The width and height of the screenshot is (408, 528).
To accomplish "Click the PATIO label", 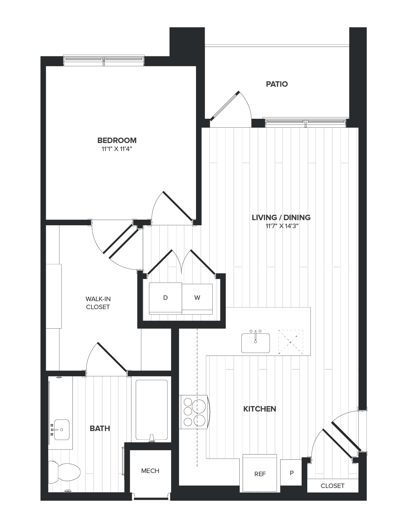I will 277,84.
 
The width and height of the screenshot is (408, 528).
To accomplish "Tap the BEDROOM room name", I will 117,140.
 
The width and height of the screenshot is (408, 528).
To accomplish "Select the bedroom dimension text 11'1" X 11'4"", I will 117,149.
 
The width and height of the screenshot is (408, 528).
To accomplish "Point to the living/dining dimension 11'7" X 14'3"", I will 281,226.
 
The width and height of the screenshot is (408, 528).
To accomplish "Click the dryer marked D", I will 165,298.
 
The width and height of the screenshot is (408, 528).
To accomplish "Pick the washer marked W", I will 197,298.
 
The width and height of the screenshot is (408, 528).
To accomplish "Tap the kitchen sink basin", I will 255,343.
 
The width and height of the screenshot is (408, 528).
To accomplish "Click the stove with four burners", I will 194,412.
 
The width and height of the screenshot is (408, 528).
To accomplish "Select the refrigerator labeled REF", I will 260,474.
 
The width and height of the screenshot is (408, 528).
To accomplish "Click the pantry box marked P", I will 291,473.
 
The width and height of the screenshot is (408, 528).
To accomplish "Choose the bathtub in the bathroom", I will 152,410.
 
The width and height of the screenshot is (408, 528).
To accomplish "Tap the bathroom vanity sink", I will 61,430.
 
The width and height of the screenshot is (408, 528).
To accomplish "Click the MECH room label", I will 150,471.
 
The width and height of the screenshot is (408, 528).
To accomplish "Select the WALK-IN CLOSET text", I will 98,303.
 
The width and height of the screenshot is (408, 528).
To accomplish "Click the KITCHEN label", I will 260,409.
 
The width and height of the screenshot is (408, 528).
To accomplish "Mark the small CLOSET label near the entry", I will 333,486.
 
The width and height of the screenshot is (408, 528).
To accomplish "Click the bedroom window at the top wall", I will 104,60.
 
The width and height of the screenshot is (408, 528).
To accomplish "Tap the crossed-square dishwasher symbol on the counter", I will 290,342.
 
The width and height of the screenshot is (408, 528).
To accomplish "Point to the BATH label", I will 100,428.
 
